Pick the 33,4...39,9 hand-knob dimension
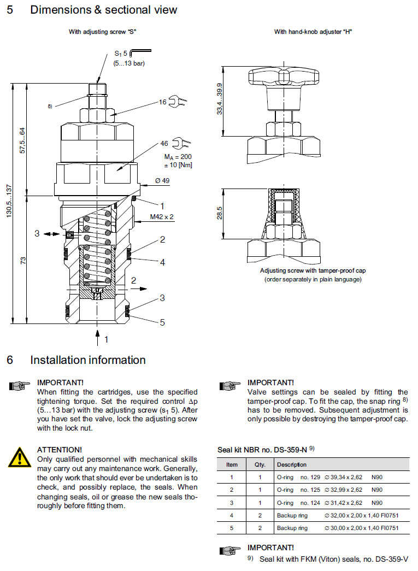point(219,99)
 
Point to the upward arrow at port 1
point(98,337)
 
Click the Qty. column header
point(260,465)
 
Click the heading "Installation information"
point(87,360)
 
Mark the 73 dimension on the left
point(23,260)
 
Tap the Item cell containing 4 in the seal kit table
point(232,515)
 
